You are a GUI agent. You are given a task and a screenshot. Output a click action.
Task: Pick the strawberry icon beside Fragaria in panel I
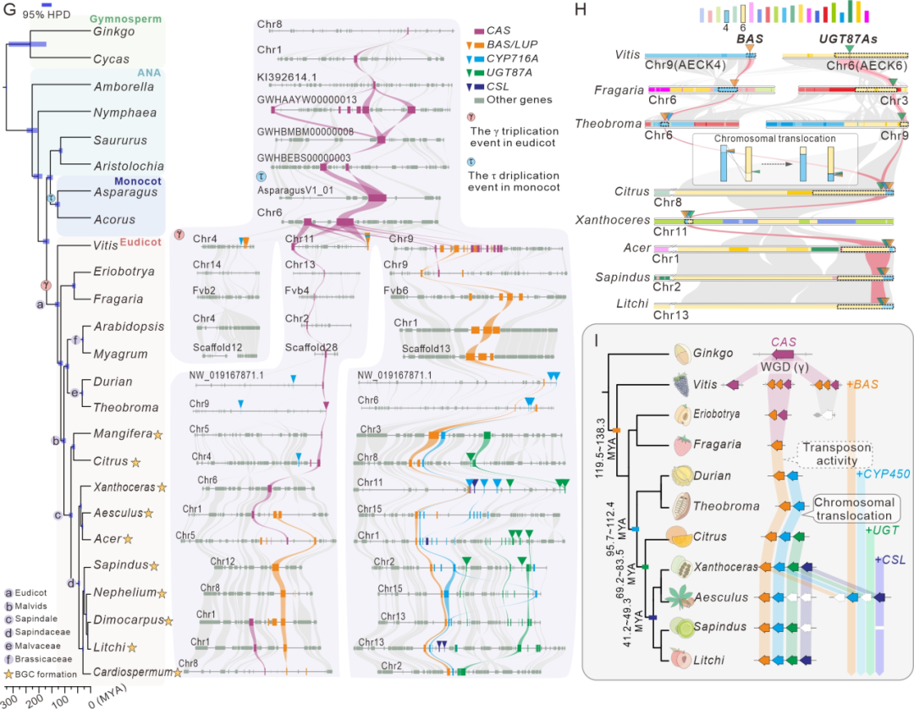click(x=679, y=444)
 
